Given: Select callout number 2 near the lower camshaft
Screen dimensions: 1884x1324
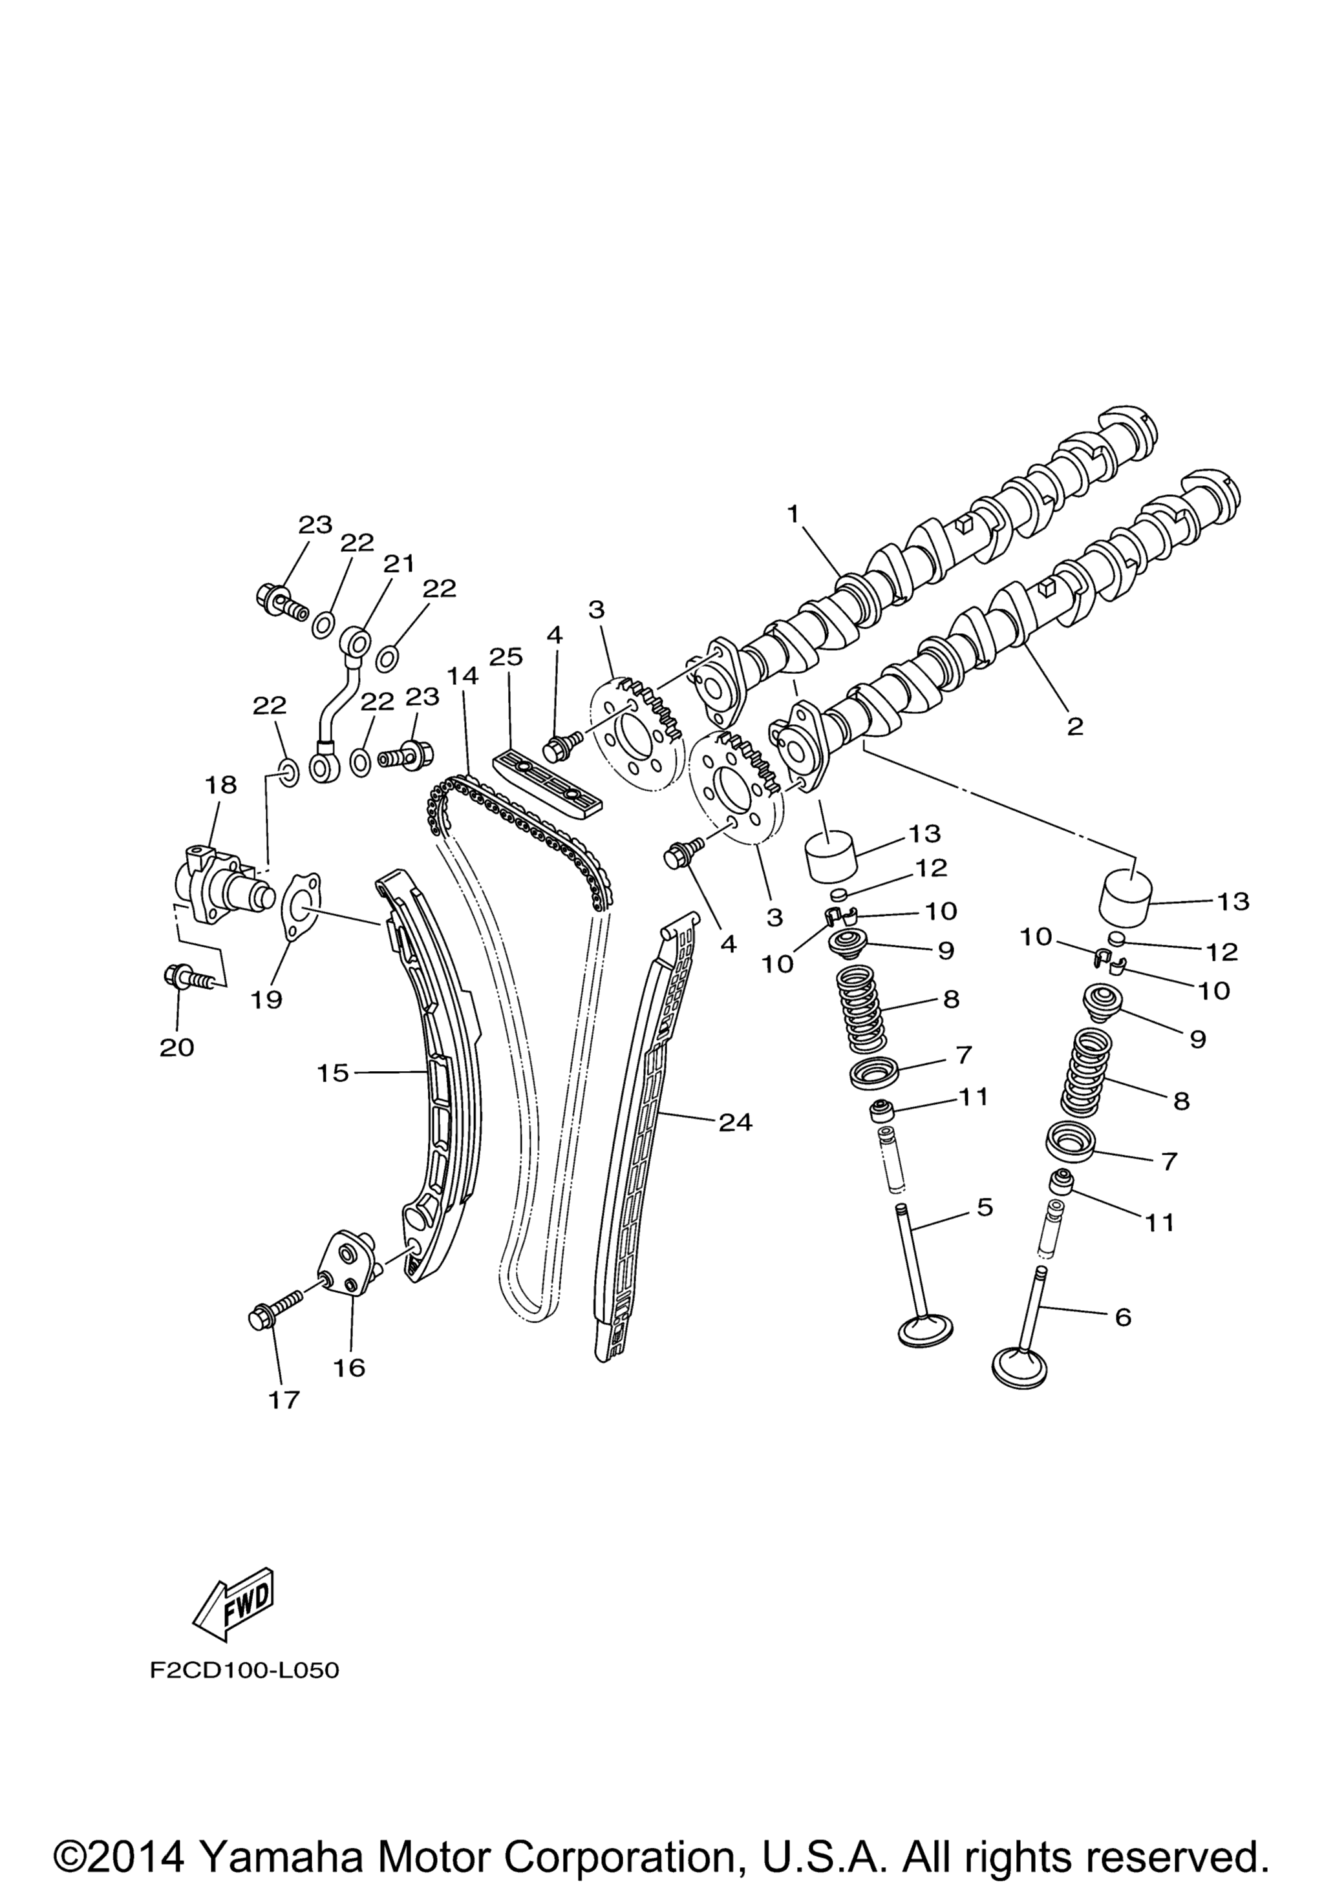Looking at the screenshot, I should point(1074,726).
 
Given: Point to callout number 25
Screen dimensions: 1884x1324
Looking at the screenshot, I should point(506,657).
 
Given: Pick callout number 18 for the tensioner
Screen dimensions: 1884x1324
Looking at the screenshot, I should point(221,785).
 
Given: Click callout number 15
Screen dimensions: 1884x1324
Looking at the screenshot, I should point(333,1073).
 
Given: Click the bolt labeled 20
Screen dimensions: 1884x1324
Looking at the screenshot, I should point(187,976).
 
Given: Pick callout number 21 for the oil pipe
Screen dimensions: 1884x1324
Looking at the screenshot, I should point(399,564).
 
